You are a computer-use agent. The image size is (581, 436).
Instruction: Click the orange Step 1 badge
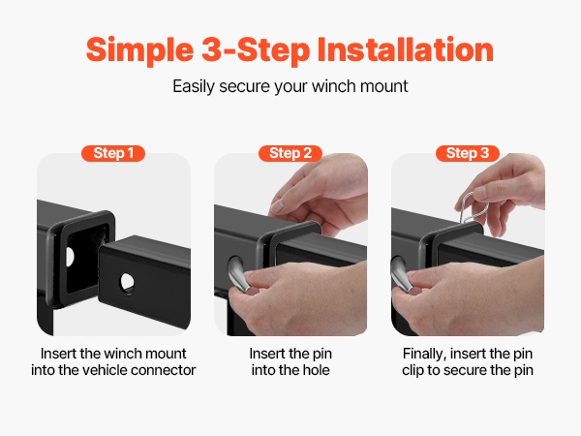point(113,153)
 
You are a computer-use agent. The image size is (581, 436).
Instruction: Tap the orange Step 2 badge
point(290,153)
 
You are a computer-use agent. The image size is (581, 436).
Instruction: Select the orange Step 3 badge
point(468,153)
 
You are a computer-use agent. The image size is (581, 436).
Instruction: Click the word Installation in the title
point(406,49)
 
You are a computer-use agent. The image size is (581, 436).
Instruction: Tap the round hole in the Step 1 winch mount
point(127,283)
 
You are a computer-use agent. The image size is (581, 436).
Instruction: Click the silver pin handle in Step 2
point(238,274)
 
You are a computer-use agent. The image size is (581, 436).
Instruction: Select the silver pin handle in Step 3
point(402,275)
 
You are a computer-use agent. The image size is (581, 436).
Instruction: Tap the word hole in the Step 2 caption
point(316,370)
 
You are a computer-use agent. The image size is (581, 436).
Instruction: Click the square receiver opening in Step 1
point(87,258)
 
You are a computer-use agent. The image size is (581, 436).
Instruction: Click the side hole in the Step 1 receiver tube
point(70,257)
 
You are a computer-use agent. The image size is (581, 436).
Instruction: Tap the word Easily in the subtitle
point(194,86)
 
